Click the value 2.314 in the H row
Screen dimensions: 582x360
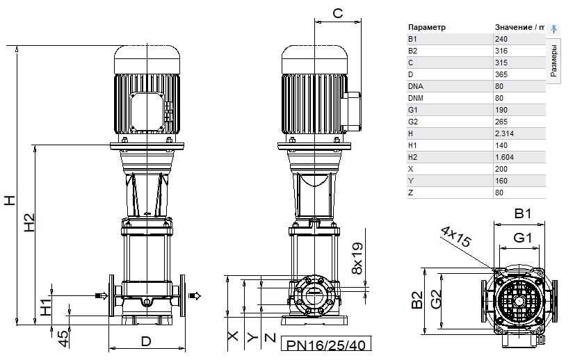click(x=504, y=133)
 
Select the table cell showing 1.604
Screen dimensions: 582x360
click(x=504, y=157)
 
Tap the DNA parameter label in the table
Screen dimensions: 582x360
click(x=415, y=86)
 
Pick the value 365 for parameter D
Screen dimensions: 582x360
click(x=501, y=74)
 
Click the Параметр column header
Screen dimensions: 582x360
click(x=426, y=28)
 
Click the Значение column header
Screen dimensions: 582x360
click(x=513, y=27)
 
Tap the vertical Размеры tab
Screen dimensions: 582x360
click(x=553, y=60)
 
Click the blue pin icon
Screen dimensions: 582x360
click(x=553, y=29)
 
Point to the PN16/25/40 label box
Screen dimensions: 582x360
click(x=326, y=344)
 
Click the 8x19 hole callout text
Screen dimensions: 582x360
click(x=357, y=259)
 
